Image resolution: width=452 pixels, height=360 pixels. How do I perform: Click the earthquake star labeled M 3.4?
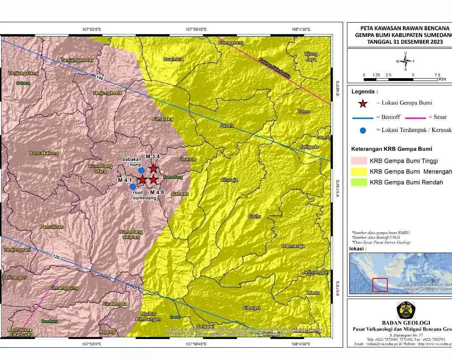(x=153, y=168)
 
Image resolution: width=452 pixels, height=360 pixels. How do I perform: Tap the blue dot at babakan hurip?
(x=141, y=170)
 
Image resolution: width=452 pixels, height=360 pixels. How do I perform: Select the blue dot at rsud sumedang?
(x=132, y=187)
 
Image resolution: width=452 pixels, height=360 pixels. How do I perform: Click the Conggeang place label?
(x=231, y=42)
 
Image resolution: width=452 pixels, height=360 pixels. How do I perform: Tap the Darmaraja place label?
(x=293, y=246)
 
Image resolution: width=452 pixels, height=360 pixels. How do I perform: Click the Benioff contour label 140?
(x=99, y=78)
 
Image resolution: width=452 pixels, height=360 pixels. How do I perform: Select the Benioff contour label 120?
(x=56, y=256)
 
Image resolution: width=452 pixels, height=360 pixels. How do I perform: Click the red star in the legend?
(x=363, y=103)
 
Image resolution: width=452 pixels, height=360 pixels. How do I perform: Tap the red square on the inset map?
(x=380, y=285)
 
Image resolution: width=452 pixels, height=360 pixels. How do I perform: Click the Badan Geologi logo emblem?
(x=406, y=310)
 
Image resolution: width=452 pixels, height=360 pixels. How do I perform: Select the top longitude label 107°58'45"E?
(x=196, y=29)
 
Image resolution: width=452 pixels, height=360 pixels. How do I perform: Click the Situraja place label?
(x=229, y=180)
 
